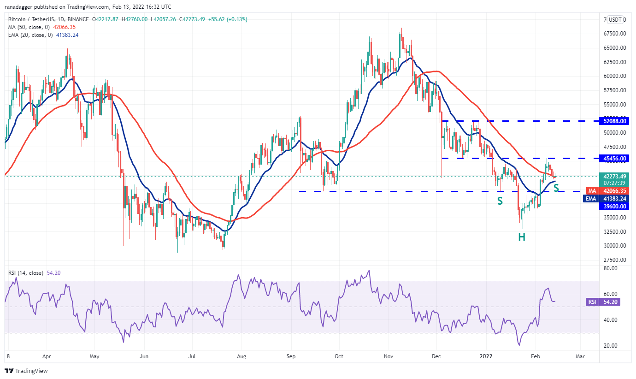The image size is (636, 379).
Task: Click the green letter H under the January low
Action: point(522,237)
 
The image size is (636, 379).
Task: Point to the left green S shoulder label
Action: point(500,201)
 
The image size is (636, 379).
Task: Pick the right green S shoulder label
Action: point(556,188)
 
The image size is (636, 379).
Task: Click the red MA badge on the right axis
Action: point(592,190)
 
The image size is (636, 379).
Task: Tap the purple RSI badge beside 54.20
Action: point(592,302)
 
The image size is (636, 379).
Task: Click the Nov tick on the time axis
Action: point(389,356)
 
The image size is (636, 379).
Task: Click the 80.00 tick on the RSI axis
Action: point(612,268)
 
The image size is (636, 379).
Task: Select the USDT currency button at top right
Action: point(615,19)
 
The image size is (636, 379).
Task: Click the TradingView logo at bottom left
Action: point(26,371)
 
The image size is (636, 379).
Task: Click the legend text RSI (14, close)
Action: point(26,273)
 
